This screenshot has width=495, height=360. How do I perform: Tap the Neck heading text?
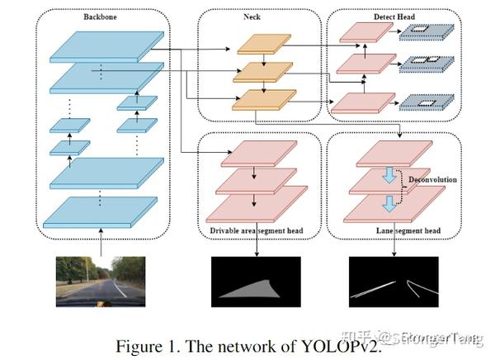[x=262, y=17]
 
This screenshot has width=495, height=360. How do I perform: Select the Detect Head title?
[x=388, y=17]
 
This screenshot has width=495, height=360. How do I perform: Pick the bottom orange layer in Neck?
[x=263, y=100]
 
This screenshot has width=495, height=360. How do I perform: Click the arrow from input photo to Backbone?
[x=101, y=243]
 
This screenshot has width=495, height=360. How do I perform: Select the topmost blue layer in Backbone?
[x=104, y=45]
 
